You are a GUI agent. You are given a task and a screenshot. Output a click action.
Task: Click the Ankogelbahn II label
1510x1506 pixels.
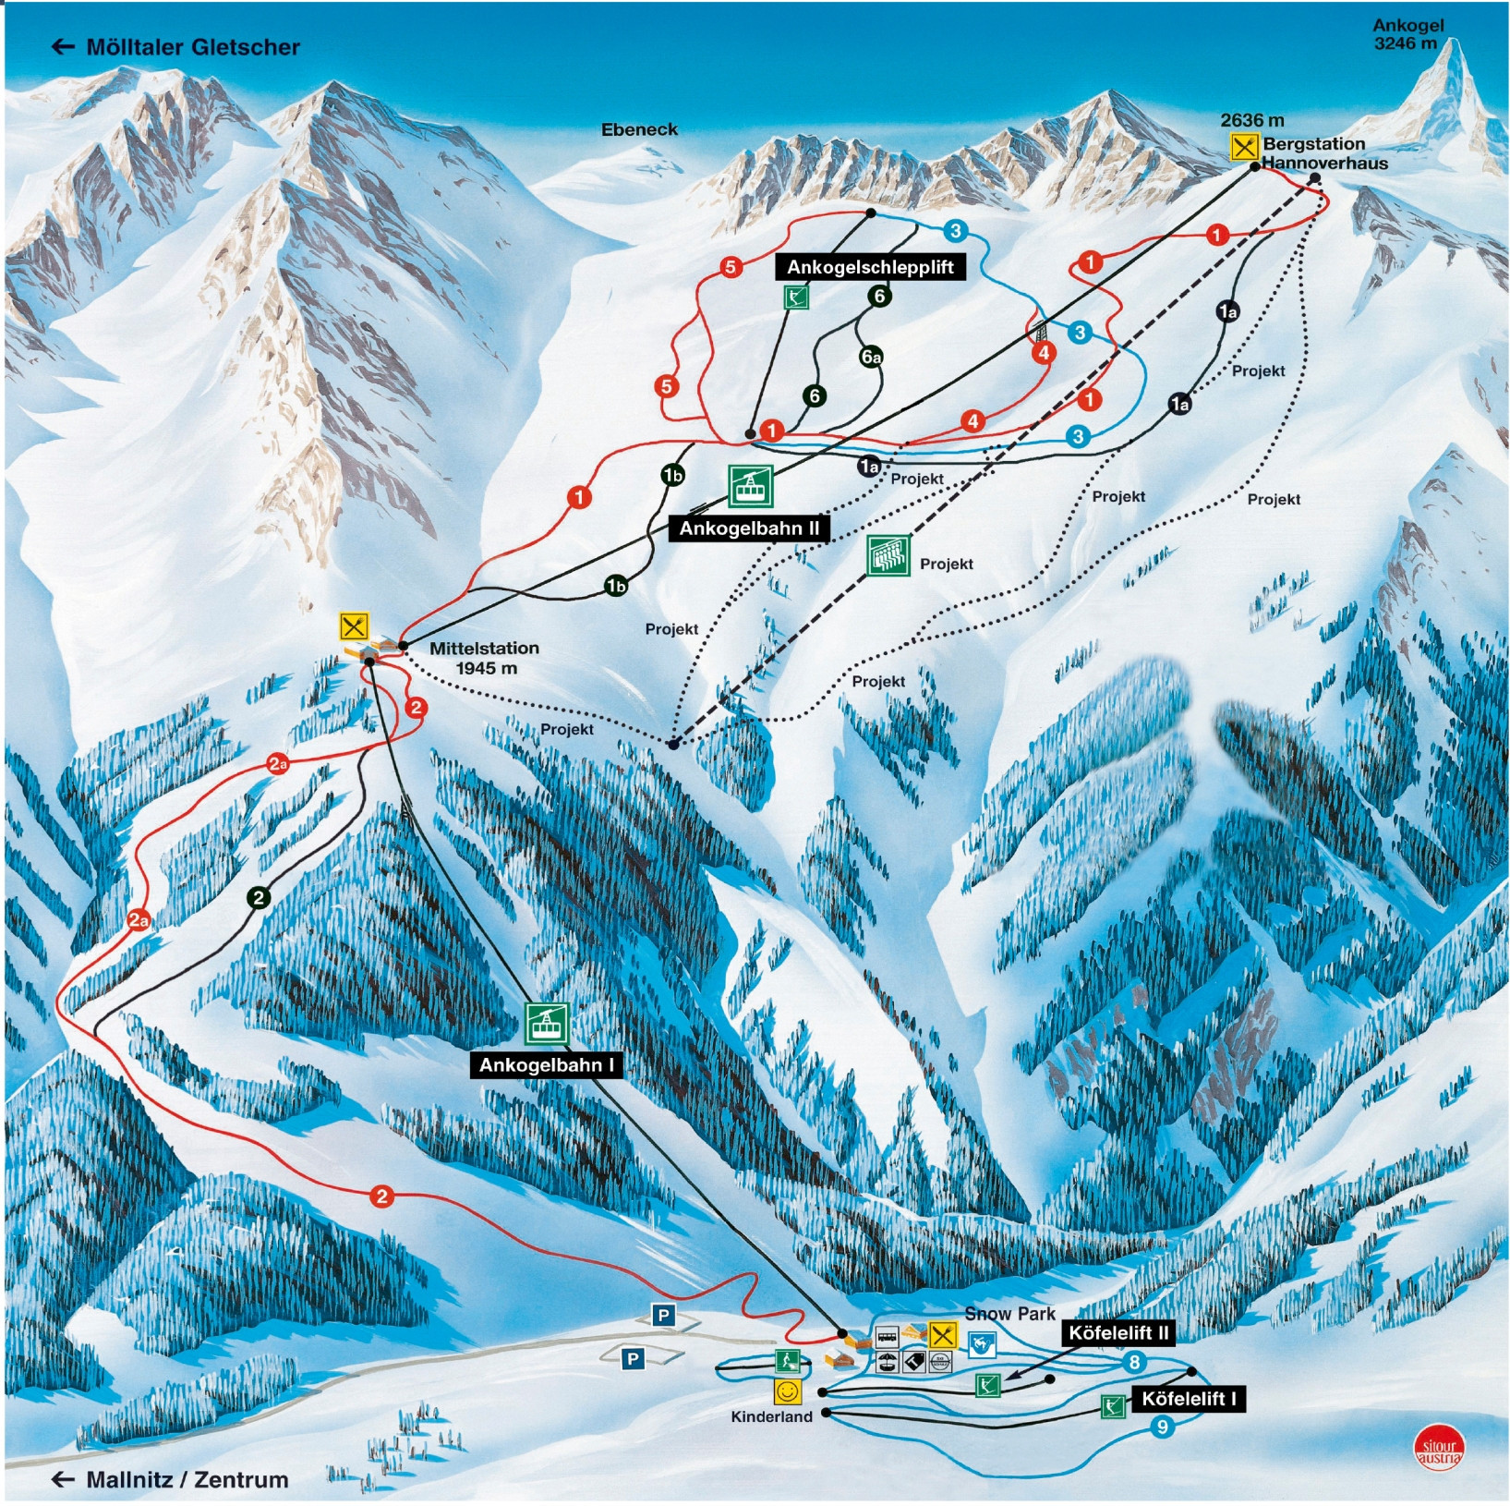(x=748, y=528)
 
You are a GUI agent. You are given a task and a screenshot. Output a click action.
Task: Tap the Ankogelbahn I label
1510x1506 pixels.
(x=546, y=1065)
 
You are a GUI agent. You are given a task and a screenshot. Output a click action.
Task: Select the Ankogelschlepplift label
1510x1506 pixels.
(x=869, y=267)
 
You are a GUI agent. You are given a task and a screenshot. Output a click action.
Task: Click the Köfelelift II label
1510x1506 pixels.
(x=1118, y=1333)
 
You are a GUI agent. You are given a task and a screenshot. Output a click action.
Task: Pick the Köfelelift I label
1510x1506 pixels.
(x=1188, y=1399)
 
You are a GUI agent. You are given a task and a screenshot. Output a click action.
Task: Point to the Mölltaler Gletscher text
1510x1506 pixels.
(x=192, y=47)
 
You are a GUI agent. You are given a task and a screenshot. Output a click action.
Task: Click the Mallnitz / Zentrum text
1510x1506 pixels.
(x=187, y=1479)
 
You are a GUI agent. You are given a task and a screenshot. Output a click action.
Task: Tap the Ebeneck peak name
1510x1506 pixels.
(x=639, y=130)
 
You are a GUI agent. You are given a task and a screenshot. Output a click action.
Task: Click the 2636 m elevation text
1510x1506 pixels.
(x=1251, y=120)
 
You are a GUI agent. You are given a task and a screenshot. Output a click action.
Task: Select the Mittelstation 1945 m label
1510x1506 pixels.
(x=485, y=658)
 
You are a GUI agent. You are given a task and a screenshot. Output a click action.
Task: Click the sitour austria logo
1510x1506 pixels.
(x=1439, y=1450)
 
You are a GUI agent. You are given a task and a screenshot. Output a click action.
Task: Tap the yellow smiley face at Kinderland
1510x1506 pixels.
(x=787, y=1391)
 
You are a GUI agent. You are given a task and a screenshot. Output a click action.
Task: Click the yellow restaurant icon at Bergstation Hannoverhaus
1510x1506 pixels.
(x=1244, y=146)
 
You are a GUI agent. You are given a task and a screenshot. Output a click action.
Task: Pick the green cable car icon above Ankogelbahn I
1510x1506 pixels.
(x=546, y=1023)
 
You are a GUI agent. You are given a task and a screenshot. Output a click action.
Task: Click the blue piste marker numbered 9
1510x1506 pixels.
(x=1162, y=1427)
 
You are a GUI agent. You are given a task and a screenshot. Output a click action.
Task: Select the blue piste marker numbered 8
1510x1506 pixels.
(x=1134, y=1361)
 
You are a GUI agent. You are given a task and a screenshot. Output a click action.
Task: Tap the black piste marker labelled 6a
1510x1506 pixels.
(x=871, y=357)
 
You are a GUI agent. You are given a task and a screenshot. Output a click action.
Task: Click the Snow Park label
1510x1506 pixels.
(x=1009, y=1313)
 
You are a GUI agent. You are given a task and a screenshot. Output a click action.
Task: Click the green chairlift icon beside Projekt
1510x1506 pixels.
(x=888, y=555)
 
